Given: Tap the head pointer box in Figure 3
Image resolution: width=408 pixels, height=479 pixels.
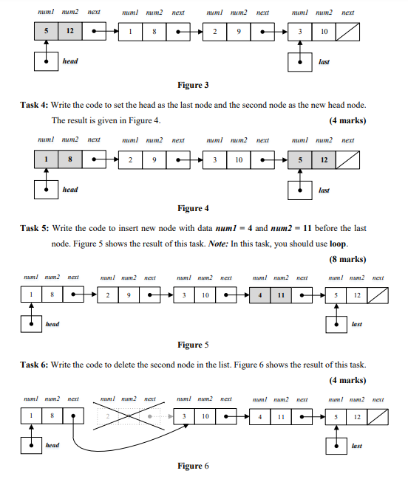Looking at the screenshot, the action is click(47, 61).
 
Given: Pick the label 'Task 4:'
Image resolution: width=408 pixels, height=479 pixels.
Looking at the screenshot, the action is click(35, 106).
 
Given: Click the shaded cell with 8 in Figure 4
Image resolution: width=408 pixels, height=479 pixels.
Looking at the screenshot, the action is click(69, 159).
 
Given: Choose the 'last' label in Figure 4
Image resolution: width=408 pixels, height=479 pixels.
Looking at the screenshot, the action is click(324, 190).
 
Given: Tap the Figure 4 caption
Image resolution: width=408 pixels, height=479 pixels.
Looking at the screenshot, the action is click(193, 208).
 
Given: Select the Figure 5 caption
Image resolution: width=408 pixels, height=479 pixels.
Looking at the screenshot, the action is click(193, 345).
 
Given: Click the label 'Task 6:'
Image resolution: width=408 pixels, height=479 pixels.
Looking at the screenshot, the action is click(35, 365).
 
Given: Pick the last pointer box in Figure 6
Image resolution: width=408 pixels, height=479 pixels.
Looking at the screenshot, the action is click(337, 445).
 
